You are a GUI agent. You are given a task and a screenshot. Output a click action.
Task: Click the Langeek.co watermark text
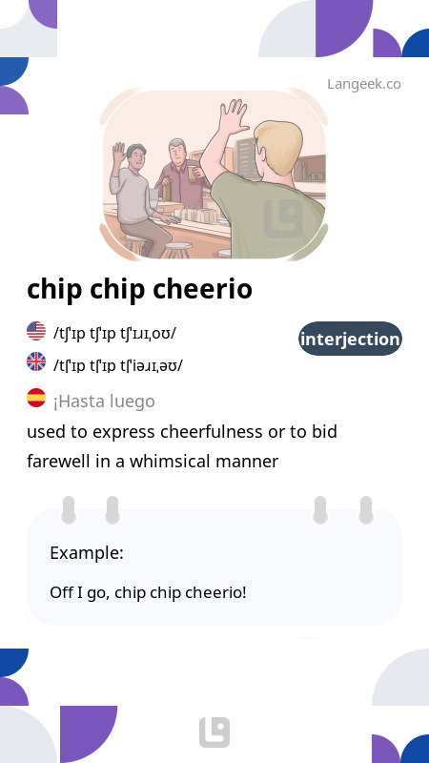pyautogui.click(x=364, y=84)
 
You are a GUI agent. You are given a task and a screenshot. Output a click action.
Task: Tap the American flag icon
pyautogui.click(x=36, y=331)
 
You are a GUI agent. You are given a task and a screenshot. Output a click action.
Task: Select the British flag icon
pyautogui.click(x=36, y=362)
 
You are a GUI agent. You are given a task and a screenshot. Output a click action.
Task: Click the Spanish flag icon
pyautogui.click(x=36, y=398)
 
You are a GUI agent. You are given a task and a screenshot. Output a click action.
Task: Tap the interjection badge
pyautogui.click(x=350, y=339)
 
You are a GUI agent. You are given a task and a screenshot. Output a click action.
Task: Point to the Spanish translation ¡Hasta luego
pyautogui.click(x=104, y=402)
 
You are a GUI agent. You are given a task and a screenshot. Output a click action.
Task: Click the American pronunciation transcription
pyautogui.click(x=114, y=334)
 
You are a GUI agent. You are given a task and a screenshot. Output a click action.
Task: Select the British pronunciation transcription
pyautogui.click(x=118, y=365)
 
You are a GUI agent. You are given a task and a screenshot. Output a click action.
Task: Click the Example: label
pyautogui.click(x=87, y=553)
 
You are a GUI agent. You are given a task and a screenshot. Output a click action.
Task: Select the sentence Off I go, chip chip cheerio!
pyautogui.click(x=148, y=593)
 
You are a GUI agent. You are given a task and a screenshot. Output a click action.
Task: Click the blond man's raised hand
pyautogui.click(x=233, y=117)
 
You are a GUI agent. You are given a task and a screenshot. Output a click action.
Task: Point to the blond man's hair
pyautogui.click(x=278, y=145)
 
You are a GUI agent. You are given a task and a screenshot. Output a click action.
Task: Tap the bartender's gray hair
pyautogui.click(x=176, y=145)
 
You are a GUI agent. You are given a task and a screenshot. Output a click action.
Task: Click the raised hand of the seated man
pyautogui.click(x=119, y=153)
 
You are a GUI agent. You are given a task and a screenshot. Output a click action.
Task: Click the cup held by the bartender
pyautogui.click(x=193, y=174)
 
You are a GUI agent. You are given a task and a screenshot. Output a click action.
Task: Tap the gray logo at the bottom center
pyautogui.click(x=214, y=732)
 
